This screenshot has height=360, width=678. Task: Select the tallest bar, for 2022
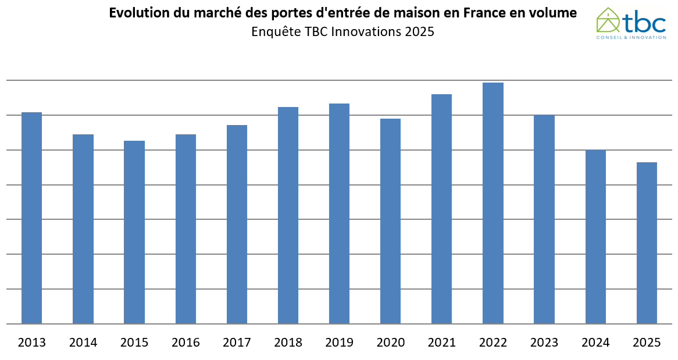tap(493, 203)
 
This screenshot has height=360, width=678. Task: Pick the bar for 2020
tap(390, 221)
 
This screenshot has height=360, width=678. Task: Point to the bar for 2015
tap(134, 232)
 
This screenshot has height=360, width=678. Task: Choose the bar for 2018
tap(288, 215)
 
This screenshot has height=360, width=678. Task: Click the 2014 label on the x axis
tap(83, 343)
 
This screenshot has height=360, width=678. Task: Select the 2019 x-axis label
tap(339, 343)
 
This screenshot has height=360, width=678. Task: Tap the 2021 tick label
tap(441, 343)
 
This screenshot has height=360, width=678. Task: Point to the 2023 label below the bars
tap(544, 343)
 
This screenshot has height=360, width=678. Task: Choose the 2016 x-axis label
tap(185, 343)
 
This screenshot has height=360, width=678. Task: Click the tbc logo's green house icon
tap(608, 20)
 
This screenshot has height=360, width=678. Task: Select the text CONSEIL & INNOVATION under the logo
tap(631, 37)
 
